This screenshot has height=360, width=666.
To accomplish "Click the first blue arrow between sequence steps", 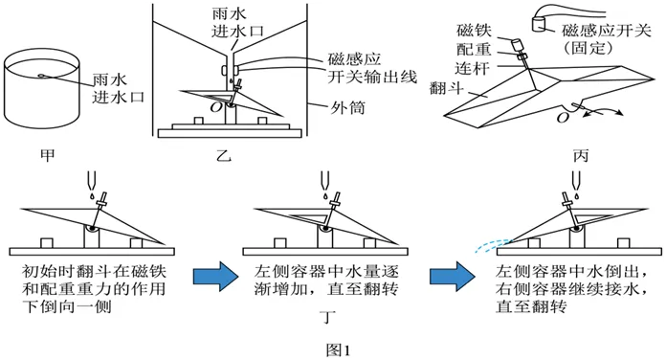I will tap(213, 278).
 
